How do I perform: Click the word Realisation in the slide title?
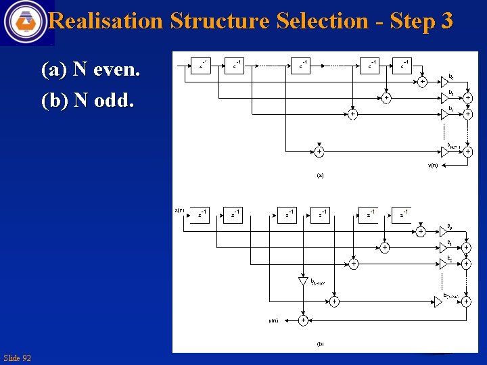click(x=106, y=21)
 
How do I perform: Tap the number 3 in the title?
click(x=446, y=21)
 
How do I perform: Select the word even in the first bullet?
click(x=116, y=69)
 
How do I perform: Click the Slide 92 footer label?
click(x=17, y=358)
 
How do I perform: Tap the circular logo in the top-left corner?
click(x=26, y=22)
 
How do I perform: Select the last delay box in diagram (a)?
click(x=404, y=65)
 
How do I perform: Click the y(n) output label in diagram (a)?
click(x=432, y=165)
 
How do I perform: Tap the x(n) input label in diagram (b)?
click(x=180, y=211)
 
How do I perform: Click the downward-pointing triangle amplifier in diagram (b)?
click(x=302, y=281)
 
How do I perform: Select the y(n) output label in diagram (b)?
click(x=273, y=320)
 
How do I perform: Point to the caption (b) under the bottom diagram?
click(x=320, y=343)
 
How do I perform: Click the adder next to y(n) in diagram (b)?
click(x=303, y=320)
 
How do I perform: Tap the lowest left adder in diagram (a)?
click(x=319, y=152)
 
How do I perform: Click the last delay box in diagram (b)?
click(x=403, y=215)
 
